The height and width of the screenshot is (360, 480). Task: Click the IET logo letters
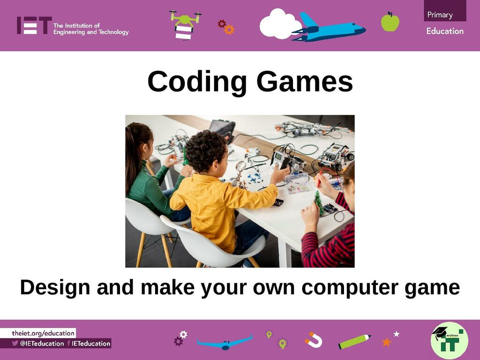point(34,25)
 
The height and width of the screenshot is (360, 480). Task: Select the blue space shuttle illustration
point(329,28)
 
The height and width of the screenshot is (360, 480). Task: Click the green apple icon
point(390,22)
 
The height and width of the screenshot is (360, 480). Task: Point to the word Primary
point(440,15)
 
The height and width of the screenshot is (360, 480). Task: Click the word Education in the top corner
point(445,31)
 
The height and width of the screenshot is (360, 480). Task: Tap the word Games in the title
point(305,82)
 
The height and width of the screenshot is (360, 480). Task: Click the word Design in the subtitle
point(55,287)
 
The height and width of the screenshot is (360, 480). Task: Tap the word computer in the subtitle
point(350,288)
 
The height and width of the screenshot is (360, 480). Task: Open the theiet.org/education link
point(43,333)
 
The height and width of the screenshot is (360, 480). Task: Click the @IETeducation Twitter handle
point(42,344)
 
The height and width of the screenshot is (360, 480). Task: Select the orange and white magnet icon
point(314,340)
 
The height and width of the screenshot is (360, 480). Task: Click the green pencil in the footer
point(354,341)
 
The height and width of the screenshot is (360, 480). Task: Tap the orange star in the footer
point(387,342)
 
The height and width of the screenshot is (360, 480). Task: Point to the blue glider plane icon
point(225,343)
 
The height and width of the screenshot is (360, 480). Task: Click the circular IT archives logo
point(449,340)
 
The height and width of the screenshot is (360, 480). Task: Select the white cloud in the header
point(280,24)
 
